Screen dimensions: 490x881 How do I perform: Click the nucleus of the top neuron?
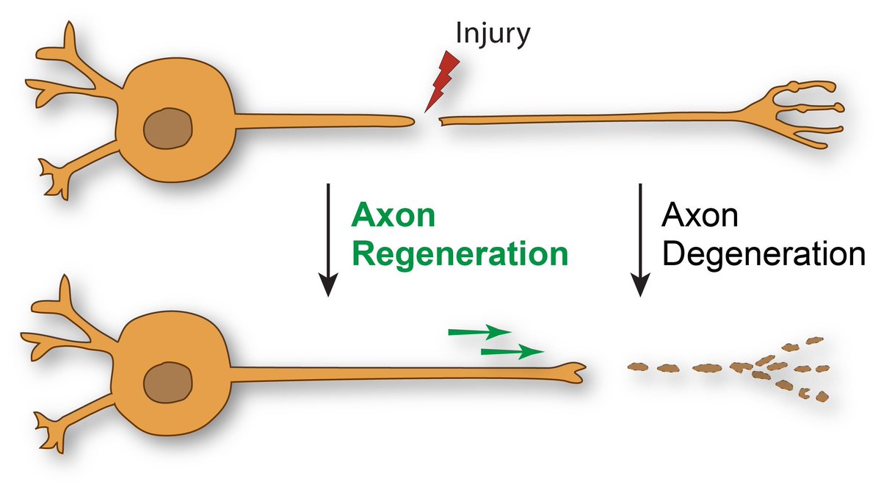(x=167, y=130)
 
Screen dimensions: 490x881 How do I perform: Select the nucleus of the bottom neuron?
(x=167, y=383)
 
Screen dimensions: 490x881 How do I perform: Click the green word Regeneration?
(x=460, y=254)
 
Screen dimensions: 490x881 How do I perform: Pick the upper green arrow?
(x=479, y=332)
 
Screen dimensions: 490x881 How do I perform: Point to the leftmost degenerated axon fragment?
(x=638, y=366)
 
